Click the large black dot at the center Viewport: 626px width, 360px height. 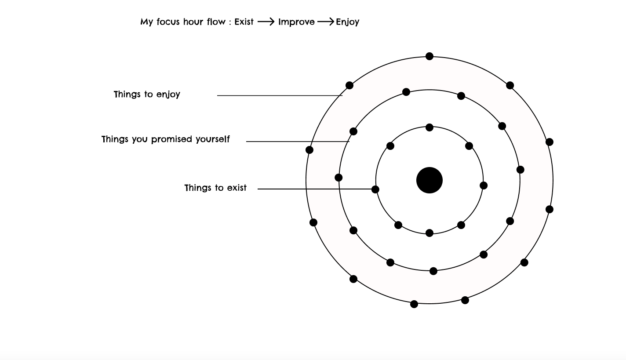429,180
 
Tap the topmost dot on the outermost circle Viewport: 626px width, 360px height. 429,56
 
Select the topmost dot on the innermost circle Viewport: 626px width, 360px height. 429,127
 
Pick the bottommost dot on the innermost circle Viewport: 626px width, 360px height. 429,233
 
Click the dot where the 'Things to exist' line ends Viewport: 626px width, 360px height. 375,189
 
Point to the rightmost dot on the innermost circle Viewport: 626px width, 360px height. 484,185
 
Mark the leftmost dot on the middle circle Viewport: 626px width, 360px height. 338,178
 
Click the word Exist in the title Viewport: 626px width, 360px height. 244,22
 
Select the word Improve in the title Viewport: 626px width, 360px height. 296,22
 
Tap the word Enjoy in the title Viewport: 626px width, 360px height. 347,22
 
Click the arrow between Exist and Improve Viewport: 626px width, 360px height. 266,22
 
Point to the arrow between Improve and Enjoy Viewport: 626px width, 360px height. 325,22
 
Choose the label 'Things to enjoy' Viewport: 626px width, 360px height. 147,95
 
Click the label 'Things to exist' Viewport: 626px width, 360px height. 215,188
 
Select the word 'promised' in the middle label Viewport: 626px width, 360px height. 171,139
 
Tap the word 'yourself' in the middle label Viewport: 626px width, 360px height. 213,139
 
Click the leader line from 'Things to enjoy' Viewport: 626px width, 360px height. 280,95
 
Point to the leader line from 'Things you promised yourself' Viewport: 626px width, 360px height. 298,142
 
